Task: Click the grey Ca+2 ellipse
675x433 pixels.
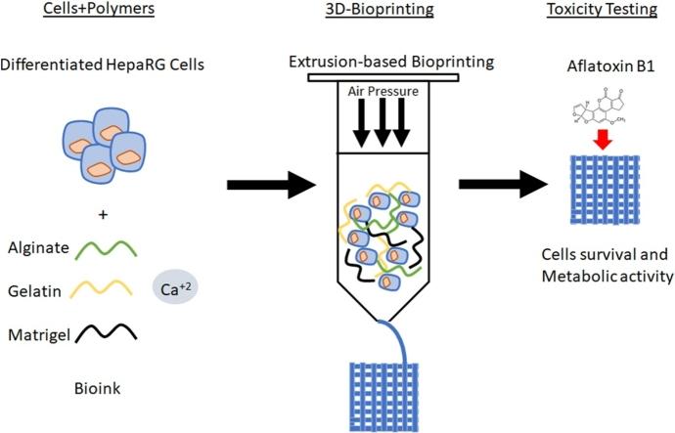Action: click(x=175, y=288)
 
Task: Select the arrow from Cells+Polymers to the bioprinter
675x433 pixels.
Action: click(x=265, y=182)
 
